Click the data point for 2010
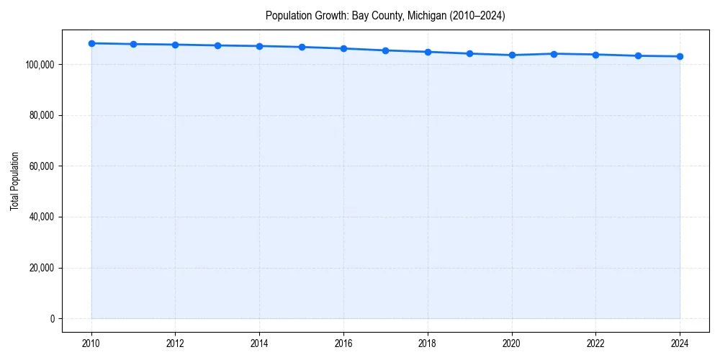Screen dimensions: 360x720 (91, 43)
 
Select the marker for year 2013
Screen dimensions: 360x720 (217, 45)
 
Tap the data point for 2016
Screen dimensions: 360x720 (343, 48)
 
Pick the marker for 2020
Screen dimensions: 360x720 (512, 55)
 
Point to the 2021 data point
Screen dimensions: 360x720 (554, 53)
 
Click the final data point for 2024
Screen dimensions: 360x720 (680, 56)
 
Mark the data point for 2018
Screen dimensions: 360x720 (428, 52)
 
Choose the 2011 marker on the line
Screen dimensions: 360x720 (133, 44)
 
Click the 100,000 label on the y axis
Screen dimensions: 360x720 (40, 65)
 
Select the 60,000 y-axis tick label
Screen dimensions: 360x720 (42, 166)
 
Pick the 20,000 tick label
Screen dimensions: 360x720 (42, 268)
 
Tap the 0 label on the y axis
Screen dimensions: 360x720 (52, 319)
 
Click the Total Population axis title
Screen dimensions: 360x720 (14, 181)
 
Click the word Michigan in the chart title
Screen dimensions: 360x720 (426, 16)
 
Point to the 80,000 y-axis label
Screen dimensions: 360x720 (42, 115)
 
